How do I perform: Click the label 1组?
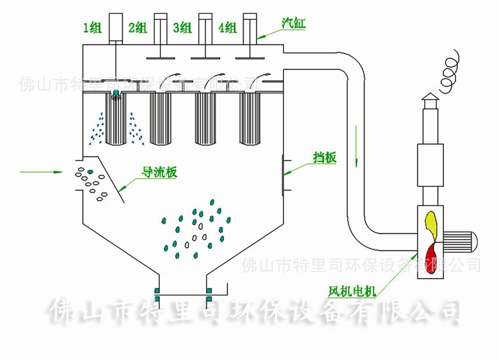[x=92, y=27]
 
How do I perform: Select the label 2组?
[x=138, y=27]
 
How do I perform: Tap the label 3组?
[x=182, y=27]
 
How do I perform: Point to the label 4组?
[x=227, y=27]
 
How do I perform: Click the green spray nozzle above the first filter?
[x=116, y=95]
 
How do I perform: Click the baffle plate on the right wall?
[x=283, y=173]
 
